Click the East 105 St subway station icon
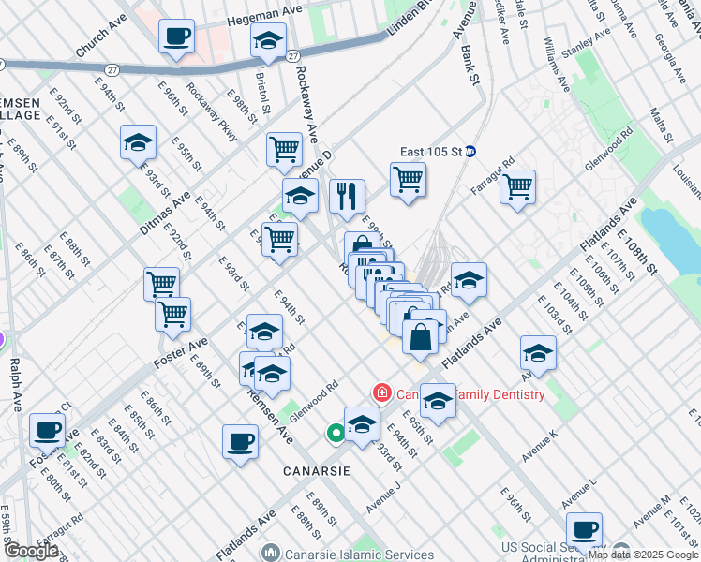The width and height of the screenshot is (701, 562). (471, 151)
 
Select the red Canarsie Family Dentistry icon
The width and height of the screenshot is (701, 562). (381, 393)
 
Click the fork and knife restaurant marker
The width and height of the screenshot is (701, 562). (347, 196)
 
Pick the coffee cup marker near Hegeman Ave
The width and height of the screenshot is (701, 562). (176, 37)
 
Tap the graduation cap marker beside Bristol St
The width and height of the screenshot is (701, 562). (268, 41)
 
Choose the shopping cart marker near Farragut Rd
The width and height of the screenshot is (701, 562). (517, 187)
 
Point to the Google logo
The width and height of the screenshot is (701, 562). (31, 551)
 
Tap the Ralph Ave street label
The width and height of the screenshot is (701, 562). (15, 384)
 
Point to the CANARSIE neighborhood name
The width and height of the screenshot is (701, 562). (317, 471)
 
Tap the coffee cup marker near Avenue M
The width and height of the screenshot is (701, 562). (584, 529)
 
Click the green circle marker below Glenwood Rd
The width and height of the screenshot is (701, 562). (335, 434)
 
